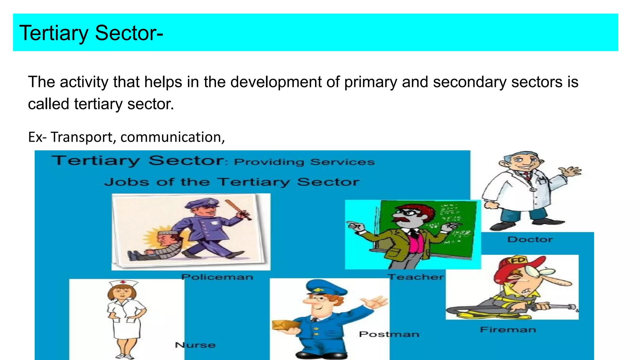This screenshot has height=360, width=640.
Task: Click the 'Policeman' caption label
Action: pos(217,277)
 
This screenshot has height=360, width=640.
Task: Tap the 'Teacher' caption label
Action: pos(416,277)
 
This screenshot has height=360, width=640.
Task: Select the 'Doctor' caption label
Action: pos(530,240)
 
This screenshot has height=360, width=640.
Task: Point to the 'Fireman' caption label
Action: pos(508,330)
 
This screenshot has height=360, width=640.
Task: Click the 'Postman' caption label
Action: pos(389,334)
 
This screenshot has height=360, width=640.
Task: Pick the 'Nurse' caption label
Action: pos(195,345)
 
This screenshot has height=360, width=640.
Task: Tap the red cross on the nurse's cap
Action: pos(123,282)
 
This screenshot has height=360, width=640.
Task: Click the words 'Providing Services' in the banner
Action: pos(304,162)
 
